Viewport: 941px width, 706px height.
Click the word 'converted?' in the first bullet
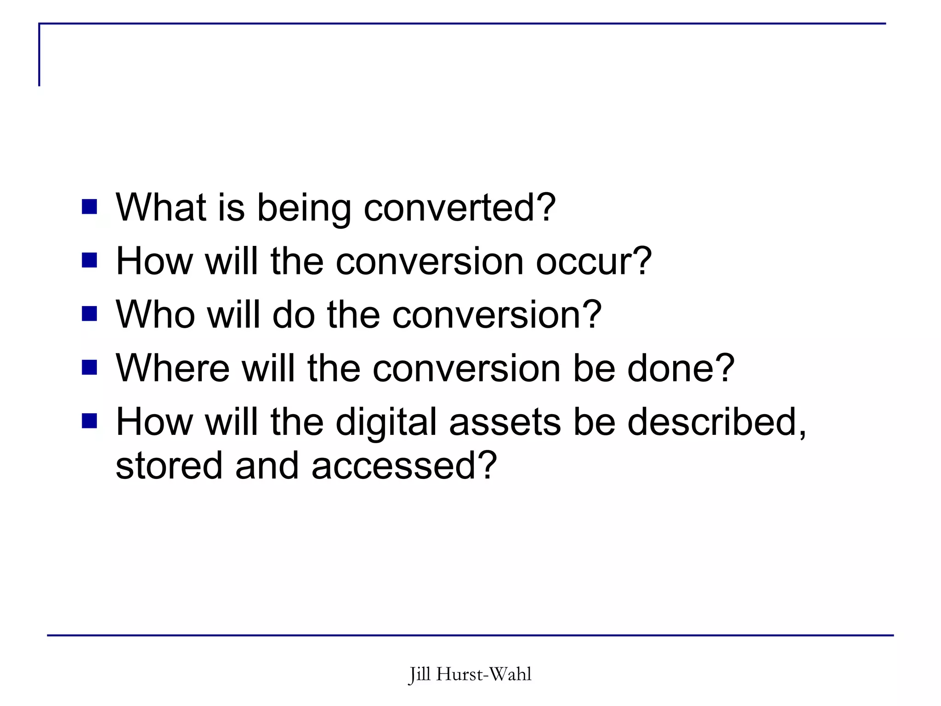(x=459, y=208)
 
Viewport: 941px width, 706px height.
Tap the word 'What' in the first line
(x=161, y=208)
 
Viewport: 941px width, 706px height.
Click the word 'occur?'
(x=594, y=262)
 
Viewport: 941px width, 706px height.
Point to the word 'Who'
(x=156, y=315)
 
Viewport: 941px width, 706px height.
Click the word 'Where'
(x=173, y=369)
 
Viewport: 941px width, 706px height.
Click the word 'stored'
(x=169, y=466)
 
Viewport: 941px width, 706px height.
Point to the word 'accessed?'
(x=404, y=466)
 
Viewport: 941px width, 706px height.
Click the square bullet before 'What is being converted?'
(x=90, y=207)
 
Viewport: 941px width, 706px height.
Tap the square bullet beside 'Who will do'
(x=90, y=314)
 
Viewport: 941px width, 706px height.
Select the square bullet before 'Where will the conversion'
(x=90, y=368)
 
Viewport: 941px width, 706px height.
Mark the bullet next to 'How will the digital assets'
(x=90, y=421)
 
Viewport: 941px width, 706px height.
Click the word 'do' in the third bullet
(x=294, y=315)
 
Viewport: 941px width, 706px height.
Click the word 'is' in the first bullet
(x=231, y=208)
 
